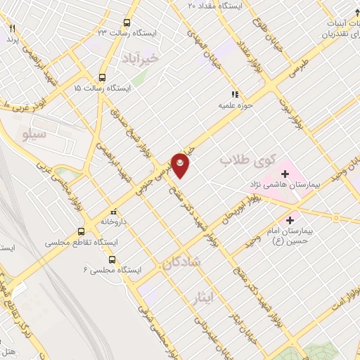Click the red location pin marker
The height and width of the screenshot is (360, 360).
(181, 165)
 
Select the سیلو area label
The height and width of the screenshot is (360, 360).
(33, 132)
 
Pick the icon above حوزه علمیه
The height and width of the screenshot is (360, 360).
(236, 94)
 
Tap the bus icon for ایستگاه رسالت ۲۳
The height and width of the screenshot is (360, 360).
(126, 22)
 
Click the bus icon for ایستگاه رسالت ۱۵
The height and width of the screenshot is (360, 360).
(103, 78)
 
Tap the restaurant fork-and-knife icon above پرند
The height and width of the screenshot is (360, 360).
(12, 28)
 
